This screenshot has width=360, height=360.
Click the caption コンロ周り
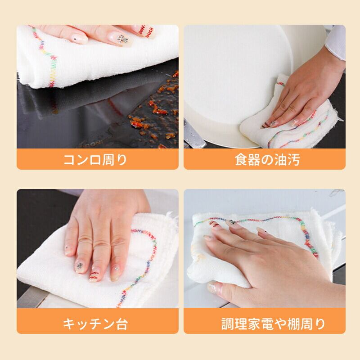point(95,160)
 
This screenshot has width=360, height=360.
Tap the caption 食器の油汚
point(267,160)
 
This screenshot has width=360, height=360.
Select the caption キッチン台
point(95,324)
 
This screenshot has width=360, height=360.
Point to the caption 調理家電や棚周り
point(273,324)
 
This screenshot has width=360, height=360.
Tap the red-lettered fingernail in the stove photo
point(145,31)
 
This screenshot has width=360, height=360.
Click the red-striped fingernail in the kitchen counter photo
point(94,276)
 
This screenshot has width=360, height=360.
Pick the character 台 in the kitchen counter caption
point(121,324)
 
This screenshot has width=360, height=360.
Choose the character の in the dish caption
point(267,160)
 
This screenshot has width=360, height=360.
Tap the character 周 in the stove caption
point(108,160)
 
